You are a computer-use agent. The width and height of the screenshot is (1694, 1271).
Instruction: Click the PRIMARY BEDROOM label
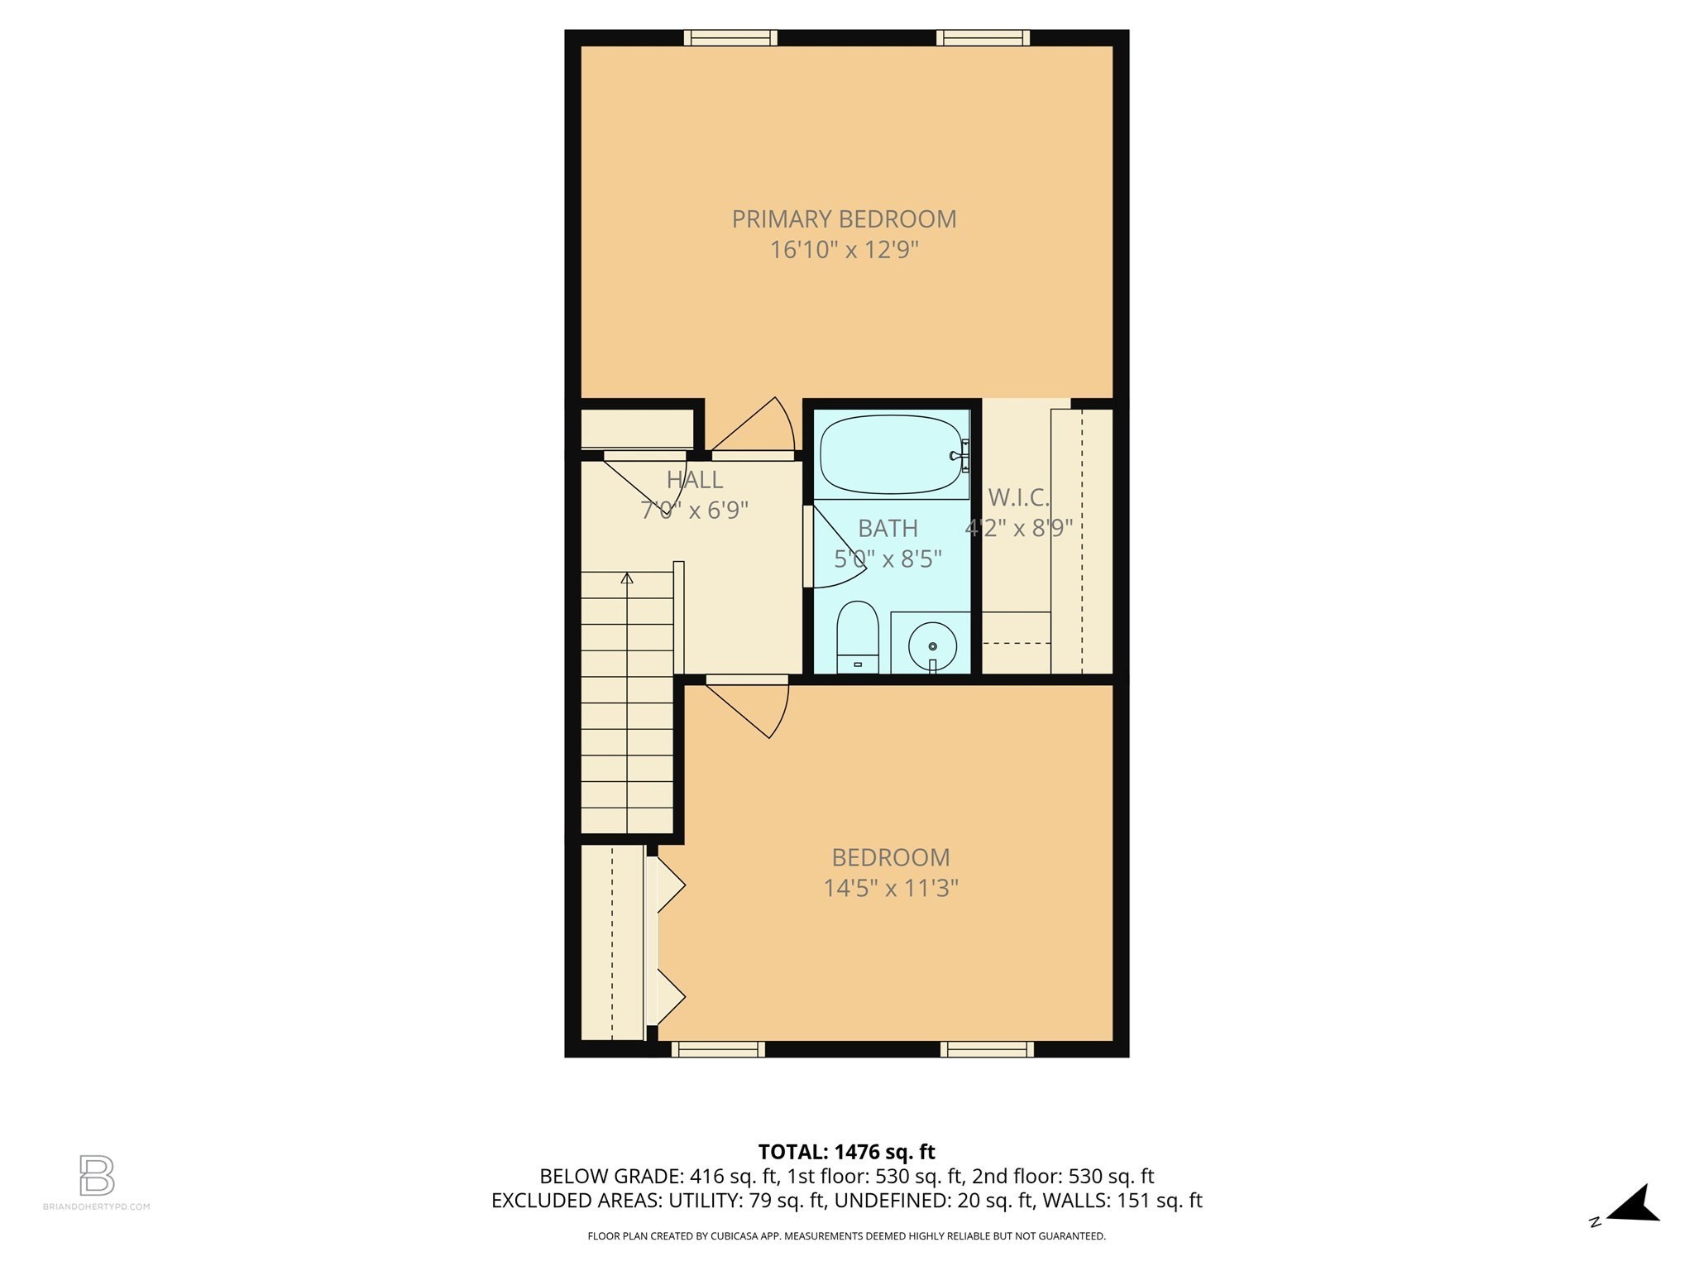pyautogui.click(x=844, y=219)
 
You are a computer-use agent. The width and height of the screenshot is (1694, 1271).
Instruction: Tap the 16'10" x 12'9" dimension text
pyautogui.click(x=844, y=250)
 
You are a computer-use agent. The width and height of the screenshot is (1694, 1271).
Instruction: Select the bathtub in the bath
pyautogui.click(x=892, y=454)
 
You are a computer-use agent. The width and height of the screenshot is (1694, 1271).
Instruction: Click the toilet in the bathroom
pyautogui.click(x=858, y=635)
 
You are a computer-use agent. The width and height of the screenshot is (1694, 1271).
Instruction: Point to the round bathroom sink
pyautogui.click(x=932, y=645)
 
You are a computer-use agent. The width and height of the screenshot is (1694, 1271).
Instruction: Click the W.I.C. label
pyautogui.click(x=1018, y=497)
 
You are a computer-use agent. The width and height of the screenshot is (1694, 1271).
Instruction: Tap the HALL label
pyautogui.click(x=695, y=480)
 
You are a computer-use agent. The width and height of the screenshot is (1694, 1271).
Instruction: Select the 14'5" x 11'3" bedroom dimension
pyautogui.click(x=890, y=889)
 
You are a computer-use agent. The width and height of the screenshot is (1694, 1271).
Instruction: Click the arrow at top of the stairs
pyautogui.click(x=627, y=578)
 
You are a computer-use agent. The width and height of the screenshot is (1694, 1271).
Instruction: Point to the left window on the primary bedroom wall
pyautogui.click(x=730, y=37)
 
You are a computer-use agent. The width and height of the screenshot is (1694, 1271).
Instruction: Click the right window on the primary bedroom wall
pyautogui.click(x=983, y=37)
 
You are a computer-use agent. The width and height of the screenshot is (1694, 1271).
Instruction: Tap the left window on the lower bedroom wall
pyautogui.click(x=718, y=1049)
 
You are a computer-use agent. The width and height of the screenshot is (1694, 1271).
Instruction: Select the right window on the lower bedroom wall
pyautogui.click(x=987, y=1049)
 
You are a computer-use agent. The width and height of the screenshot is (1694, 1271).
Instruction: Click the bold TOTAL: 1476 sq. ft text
pyautogui.click(x=846, y=1152)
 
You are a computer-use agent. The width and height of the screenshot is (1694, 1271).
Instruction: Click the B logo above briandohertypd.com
pyautogui.click(x=97, y=1176)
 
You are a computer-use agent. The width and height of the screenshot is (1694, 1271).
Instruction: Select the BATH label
pyautogui.click(x=888, y=528)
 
